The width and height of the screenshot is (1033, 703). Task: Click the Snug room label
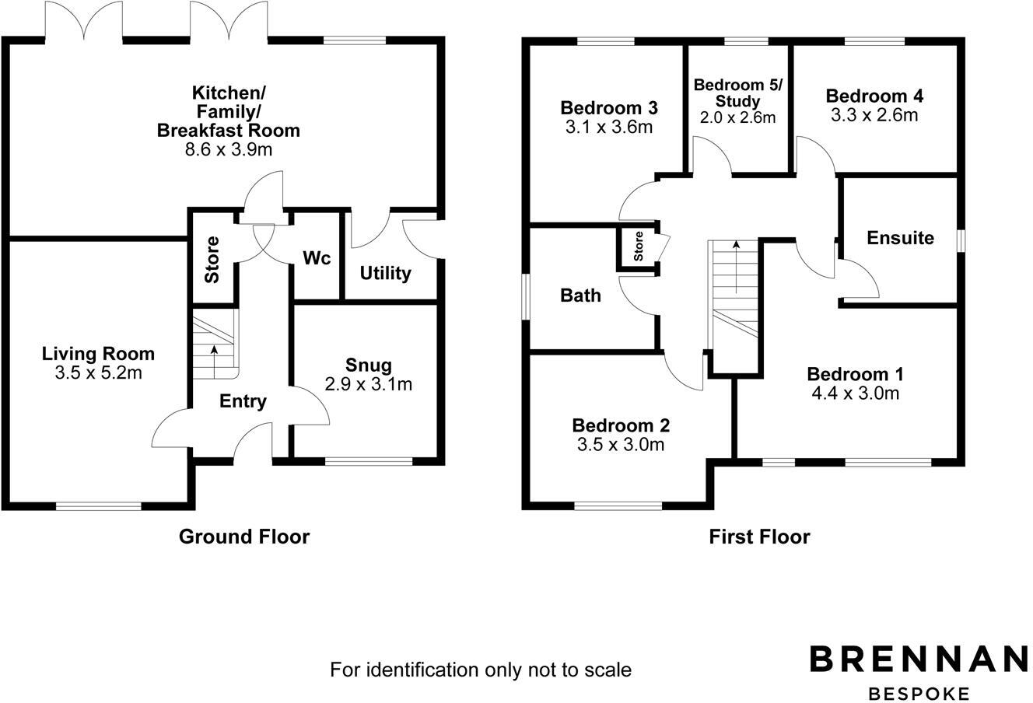click(369, 365)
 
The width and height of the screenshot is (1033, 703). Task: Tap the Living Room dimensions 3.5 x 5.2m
click(98, 373)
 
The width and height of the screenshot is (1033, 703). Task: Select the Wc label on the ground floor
click(317, 258)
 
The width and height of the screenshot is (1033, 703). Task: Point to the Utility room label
click(385, 274)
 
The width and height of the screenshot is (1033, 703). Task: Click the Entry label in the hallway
click(243, 401)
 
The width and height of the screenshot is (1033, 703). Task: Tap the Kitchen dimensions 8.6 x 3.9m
click(228, 149)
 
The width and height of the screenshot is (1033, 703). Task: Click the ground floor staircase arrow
click(214, 358)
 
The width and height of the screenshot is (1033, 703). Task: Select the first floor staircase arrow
click(736, 264)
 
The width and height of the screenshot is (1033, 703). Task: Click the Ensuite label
click(900, 238)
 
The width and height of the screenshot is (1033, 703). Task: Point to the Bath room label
click(580, 296)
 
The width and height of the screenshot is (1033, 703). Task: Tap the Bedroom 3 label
click(609, 107)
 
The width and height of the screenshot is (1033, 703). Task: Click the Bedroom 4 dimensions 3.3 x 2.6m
click(874, 115)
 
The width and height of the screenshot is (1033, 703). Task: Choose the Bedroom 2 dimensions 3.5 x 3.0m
click(620, 444)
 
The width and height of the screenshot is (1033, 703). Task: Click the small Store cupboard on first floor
click(639, 247)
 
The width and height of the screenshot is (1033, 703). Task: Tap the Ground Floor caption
click(244, 537)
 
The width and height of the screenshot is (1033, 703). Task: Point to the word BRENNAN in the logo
click(919, 659)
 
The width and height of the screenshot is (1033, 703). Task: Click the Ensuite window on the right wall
click(961, 240)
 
